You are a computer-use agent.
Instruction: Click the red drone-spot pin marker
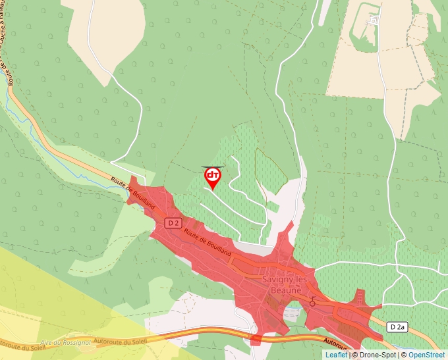tap(213, 176)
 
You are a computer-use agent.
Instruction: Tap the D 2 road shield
tap(173, 223)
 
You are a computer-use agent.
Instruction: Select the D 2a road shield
tap(397, 326)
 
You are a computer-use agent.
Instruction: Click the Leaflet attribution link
tap(336, 355)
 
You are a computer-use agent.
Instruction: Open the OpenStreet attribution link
tap(426, 355)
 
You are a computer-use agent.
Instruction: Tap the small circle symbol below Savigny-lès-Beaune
tap(313, 303)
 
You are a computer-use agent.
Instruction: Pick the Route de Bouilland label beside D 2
tap(208, 243)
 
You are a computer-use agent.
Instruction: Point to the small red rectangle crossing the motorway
tap(256, 339)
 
